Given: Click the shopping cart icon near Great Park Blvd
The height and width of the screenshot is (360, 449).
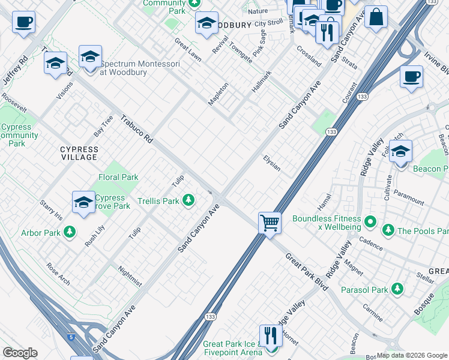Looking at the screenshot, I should tap(270, 223).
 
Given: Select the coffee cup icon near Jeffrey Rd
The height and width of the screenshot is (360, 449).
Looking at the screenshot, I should tap(23, 23).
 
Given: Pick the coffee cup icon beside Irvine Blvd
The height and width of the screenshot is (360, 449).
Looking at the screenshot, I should tap(411, 77).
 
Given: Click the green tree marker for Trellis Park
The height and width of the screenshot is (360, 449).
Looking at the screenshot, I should tap(189, 200).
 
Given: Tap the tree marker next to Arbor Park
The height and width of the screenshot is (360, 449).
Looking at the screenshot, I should tap(70, 232).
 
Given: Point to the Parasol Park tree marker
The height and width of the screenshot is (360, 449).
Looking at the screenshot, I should tap(397, 290).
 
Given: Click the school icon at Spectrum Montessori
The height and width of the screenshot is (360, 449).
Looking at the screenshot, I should tap(90, 58).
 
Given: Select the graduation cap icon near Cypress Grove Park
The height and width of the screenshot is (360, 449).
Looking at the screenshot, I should tap(83, 202).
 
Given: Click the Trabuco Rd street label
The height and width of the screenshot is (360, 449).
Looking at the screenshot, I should tap(137, 128).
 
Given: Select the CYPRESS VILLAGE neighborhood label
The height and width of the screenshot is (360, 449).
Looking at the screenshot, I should tap(79, 153).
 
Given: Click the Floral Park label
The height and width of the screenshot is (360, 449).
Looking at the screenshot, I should tap(118, 177).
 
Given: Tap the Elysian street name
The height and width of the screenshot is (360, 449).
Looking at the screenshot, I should tap(272, 163).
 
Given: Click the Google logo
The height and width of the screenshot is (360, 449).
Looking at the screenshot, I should tap(20, 353).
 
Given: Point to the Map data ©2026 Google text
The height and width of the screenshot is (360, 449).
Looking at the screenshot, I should tap(411, 355).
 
